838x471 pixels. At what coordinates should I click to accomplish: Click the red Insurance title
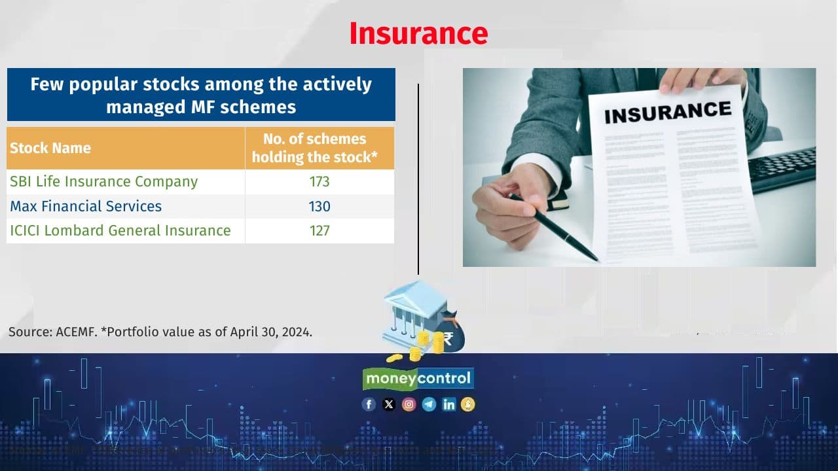tap(418, 33)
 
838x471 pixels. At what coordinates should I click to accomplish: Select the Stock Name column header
tap(50, 148)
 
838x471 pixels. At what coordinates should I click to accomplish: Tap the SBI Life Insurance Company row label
tap(103, 181)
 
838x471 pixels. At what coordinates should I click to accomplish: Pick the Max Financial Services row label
tap(86, 206)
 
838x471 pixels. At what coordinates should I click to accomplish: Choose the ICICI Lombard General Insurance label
tap(120, 230)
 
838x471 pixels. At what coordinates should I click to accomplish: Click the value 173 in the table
tap(319, 181)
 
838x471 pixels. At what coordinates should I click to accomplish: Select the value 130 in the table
tap(319, 206)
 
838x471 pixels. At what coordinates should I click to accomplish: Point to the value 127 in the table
tap(319, 230)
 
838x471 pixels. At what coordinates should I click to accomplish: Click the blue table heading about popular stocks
tap(201, 95)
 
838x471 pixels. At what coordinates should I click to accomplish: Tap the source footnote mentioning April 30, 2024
tap(160, 332)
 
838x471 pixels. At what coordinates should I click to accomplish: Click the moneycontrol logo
tap(418, 378)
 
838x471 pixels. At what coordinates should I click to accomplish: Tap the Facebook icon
tap(369, 404)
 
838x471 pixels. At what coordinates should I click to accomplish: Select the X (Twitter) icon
tap(389, 404)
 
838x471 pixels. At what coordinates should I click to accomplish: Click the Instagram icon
tap(409, 404)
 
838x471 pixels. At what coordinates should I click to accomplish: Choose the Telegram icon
tap(429, 404)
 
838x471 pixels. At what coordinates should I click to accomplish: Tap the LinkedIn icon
tap(448, 404)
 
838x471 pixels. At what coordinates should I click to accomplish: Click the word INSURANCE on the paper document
tap(667, 112)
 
